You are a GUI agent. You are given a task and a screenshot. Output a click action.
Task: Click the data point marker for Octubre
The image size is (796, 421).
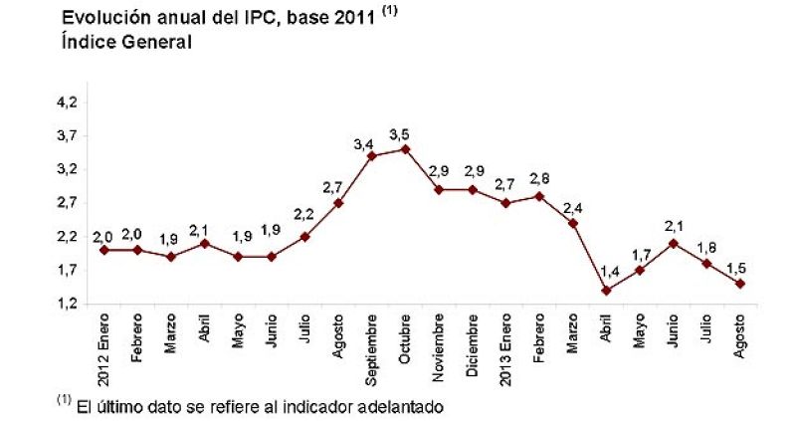click(405, 149)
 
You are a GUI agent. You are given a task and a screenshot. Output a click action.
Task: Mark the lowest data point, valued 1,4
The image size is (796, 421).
click(607, 291)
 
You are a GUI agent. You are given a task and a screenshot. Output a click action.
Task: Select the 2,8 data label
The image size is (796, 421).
click(539, 179)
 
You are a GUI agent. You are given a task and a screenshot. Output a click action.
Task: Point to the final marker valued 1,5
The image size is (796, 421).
click(741, 284)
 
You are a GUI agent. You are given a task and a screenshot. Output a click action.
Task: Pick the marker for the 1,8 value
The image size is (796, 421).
click(707, 264)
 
